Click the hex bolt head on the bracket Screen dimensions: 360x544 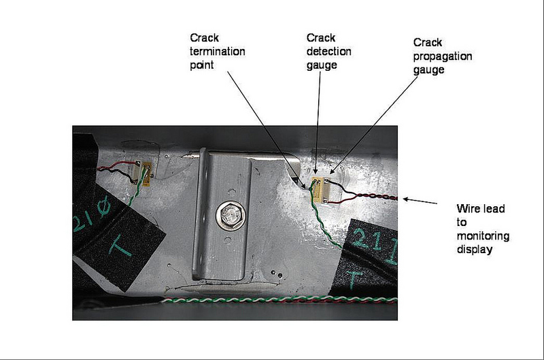click(x=228, y=216)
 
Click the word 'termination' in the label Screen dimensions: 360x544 click(x=222, y=52)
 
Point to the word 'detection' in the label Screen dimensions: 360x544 click(x=322, y=52)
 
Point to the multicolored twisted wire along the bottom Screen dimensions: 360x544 click(x=272, y=299)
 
